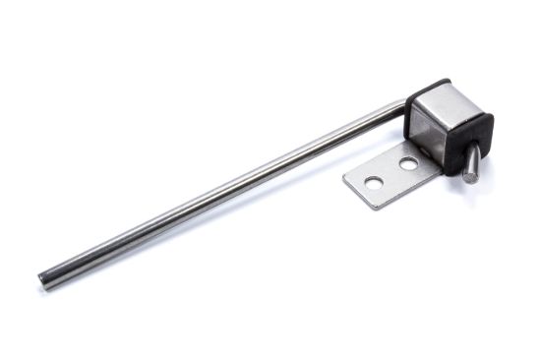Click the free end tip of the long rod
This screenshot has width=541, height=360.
point(44,279)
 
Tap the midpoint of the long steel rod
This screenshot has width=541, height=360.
point(221,193)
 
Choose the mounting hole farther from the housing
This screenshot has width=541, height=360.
point(374,182)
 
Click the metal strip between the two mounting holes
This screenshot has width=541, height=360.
point(391,174)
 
